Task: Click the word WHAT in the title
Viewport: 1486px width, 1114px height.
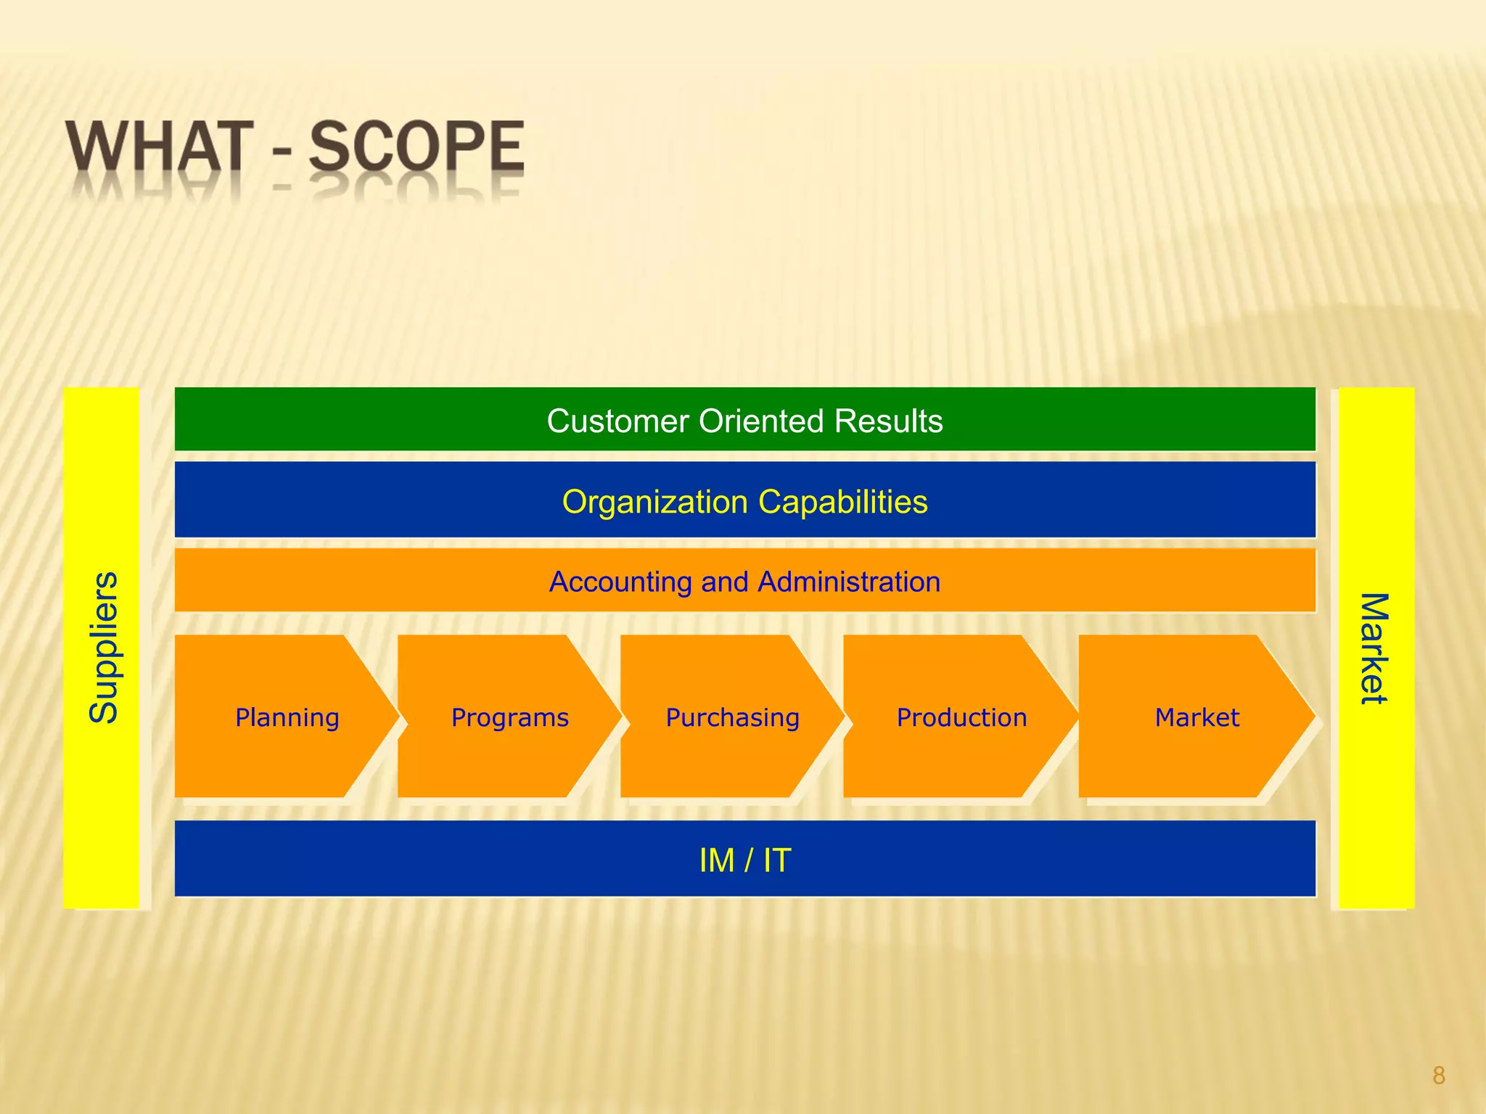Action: click(160, 147)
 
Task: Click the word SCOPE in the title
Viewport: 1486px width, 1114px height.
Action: click(416, 147)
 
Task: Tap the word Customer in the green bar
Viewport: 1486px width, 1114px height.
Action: click(617, 421)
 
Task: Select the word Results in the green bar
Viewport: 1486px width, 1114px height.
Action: click(888, 421)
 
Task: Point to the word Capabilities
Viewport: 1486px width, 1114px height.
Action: click(842, 502)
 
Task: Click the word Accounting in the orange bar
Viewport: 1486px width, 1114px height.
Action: click(620, 582)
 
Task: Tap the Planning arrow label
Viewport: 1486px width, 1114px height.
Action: click(287, 718)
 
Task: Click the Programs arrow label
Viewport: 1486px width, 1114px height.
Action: click(510, 718)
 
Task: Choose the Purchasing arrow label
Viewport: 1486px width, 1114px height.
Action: click(733, 718)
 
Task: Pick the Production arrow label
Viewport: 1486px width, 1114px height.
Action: click(961, 718)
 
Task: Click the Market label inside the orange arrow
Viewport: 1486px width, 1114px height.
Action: click(1197, 718)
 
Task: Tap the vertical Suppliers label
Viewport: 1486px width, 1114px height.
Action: click(103, 648)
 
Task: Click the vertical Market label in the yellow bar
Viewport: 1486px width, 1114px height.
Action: click(1374, 648)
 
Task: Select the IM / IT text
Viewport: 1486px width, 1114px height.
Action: click(744, 861)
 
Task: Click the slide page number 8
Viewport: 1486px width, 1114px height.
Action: click(1439, 1075)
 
